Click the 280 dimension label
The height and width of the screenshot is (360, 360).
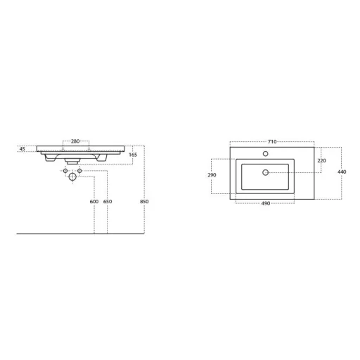click(75, 141)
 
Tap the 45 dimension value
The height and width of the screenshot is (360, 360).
click(22, 149)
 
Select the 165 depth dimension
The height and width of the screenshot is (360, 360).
click(133, 155)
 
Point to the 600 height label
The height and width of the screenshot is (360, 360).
click(94, 202)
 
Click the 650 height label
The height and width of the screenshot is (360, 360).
click(108, 202)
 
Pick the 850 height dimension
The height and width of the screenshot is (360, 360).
click(144, 202)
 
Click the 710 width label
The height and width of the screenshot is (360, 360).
click(272, 141)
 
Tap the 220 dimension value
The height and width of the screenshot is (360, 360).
click(321, 160)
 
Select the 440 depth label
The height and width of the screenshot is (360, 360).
click(342, 172)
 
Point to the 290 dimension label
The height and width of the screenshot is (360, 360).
click(212, 175)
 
